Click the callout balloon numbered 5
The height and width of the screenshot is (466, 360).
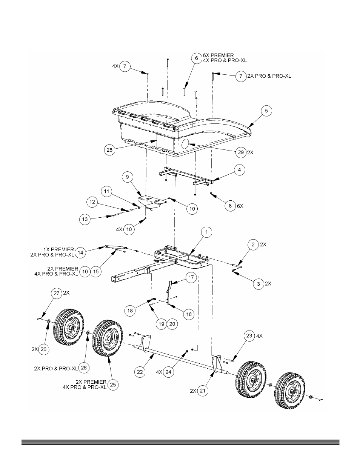266,111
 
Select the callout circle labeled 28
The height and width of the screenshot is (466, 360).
109,150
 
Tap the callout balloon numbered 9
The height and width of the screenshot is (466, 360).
128,177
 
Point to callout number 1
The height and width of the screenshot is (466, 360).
206,232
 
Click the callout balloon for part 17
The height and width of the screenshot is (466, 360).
191,277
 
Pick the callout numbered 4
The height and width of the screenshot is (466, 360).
239,170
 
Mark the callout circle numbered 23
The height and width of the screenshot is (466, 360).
249,335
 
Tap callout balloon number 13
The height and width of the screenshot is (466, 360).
85,219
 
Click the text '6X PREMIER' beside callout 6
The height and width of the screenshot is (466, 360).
218,55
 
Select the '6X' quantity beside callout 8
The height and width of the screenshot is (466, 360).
240,206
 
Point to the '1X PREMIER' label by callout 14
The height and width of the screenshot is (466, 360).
59,249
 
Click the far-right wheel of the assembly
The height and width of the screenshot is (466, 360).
290,391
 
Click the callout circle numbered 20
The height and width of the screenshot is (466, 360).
172,324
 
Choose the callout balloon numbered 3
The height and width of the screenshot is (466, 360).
258,284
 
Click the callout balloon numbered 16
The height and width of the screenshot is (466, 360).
189,314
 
